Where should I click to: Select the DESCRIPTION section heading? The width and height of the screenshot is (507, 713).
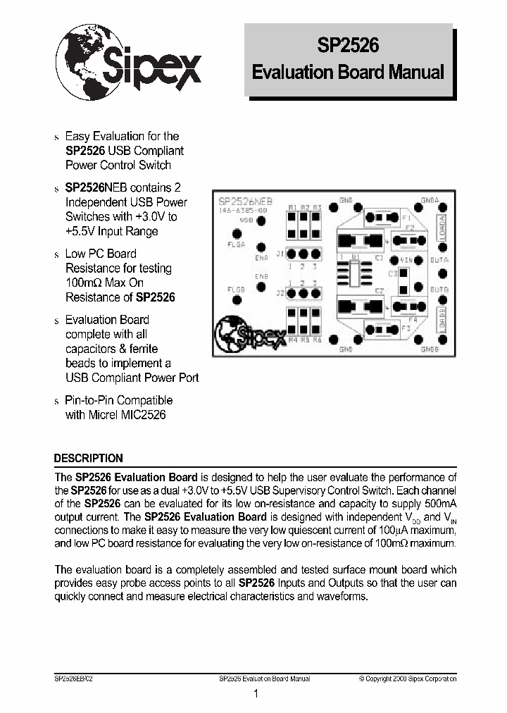(x=89, y=458)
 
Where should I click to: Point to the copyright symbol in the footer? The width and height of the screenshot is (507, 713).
(x=361, y=678)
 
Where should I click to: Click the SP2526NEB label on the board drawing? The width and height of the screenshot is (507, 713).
(x=246, y=201)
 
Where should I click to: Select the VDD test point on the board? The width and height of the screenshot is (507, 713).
(x=261, y=221)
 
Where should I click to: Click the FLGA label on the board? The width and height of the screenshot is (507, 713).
(x=236, y=246)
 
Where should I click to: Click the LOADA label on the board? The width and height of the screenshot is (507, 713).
(x=442, y=230)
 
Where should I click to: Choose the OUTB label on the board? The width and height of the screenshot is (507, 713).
(x=439, y=289)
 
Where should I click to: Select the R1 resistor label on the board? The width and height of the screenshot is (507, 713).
(x=292, y=207)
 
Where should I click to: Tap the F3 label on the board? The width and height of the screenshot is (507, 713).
(x=406, y=328)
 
